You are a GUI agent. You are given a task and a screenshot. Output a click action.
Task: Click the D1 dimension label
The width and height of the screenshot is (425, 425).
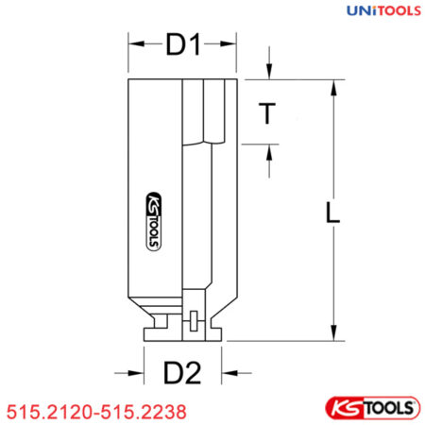(182, 44)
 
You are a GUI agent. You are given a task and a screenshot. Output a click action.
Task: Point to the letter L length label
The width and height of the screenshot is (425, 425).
(331, 214)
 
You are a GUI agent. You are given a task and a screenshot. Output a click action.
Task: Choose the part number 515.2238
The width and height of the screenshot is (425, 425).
(143, 412)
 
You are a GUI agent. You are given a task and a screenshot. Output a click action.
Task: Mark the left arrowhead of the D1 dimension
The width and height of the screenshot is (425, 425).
(133, 44)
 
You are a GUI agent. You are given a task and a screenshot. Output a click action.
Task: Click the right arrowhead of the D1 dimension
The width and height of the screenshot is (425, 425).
(229, 44)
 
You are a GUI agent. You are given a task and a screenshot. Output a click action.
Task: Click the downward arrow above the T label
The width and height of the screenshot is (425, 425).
(270, 75)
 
